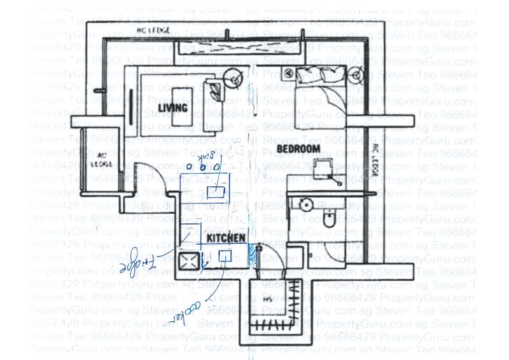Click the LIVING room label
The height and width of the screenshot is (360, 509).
pos(173,107)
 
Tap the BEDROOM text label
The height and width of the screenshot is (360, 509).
pos(298,148)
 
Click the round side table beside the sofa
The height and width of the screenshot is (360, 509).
pos(234,78)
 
